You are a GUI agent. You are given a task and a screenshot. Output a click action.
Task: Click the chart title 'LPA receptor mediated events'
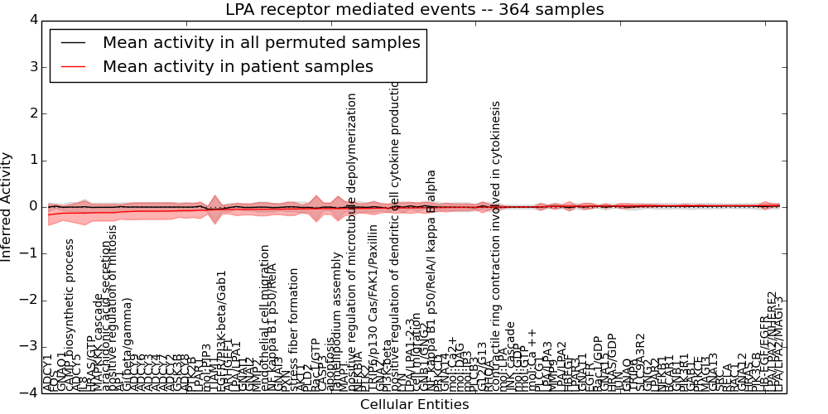[414, 9]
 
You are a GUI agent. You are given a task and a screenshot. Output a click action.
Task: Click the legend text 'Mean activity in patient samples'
[238, 66]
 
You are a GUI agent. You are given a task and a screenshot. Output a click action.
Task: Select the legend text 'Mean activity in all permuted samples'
[261, 42]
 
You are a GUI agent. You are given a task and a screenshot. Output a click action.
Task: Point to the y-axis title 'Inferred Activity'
[7, 206]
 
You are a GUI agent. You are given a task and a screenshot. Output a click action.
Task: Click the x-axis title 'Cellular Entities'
[414, 405]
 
